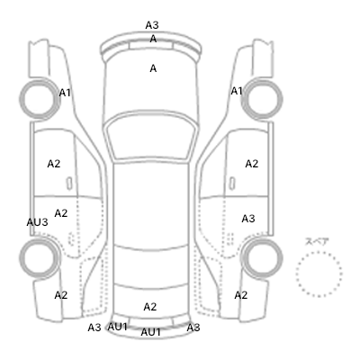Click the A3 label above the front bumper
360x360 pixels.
(152, 25)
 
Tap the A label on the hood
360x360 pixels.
(153, 68)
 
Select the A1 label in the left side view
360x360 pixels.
(65, 93)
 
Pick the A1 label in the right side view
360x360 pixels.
(237, 91)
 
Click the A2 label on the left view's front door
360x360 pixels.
(54, 164)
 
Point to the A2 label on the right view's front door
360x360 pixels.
(252, 164)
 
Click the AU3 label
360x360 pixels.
(37, 222)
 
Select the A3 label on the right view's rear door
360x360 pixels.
(248, 219)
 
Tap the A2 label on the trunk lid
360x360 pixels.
(150, 307)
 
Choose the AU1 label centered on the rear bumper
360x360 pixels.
(151, 332)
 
